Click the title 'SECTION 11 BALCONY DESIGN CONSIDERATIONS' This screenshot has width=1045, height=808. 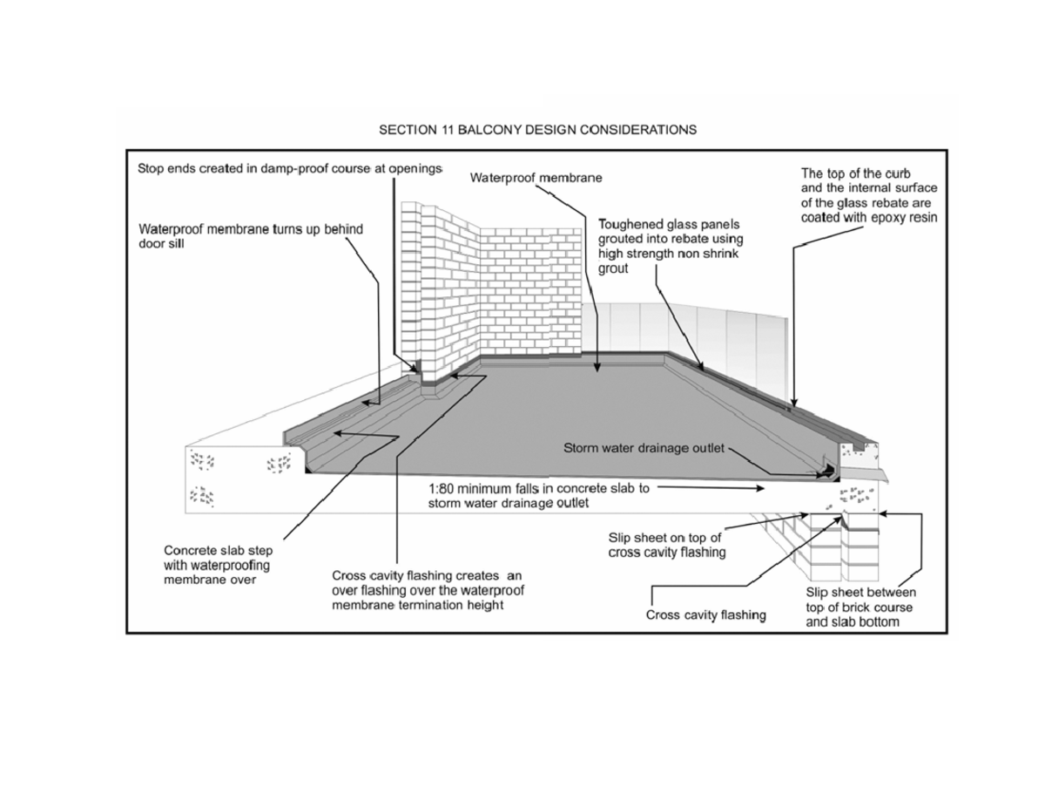pyautogui.click(x=537, y=131)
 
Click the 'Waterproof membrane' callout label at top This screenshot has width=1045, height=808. pyautogui.click(x=536, y=178)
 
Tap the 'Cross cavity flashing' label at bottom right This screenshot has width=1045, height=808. pyautogui.click(x=705, y=615)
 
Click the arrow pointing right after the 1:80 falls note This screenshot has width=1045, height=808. pyautogui.click(x=759, y=489)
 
